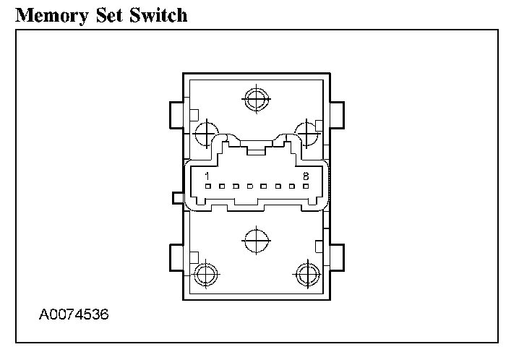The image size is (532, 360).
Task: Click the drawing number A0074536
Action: pyautogui.click(x=74, y=315)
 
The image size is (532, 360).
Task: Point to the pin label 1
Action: pyautogui.click(x=207, y=176)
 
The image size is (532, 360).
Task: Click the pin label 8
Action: pyautogui.click(x=306, y=176)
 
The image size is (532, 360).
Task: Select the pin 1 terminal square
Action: pyautogui.click(x=207, y=187)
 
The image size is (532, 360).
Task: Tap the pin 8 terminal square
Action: pyautogui.click(x=306, y=187)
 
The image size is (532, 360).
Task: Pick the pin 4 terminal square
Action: pyautogui.click(x=249, y=187)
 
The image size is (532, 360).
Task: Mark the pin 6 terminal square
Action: pyautogui.click(x=278, y=187)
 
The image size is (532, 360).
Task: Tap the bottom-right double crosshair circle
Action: pyautogui.click(x=308, y=274)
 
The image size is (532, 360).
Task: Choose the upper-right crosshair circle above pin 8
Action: pyautogui.click(x=308, y=132)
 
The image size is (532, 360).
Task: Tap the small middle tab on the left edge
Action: pyautogui.click(x=178, y=197)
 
